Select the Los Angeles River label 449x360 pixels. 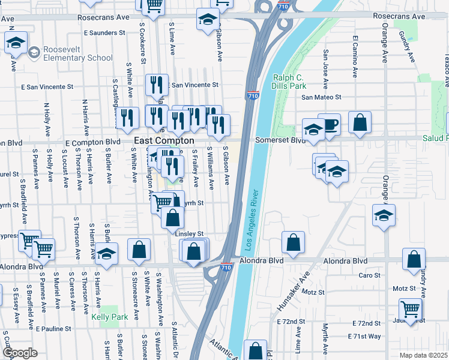click(253, 220)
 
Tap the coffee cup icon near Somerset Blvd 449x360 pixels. click(329, 124)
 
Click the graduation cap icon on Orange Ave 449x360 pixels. click(384, 215)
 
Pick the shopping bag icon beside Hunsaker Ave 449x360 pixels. click(293, 242)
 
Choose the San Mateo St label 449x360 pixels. click(321, 97)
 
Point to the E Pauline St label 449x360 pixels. click(53, 329)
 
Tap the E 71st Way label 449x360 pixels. click(364, 337)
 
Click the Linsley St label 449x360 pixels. click(189, 234)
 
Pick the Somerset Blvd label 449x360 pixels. click(280, 140)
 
